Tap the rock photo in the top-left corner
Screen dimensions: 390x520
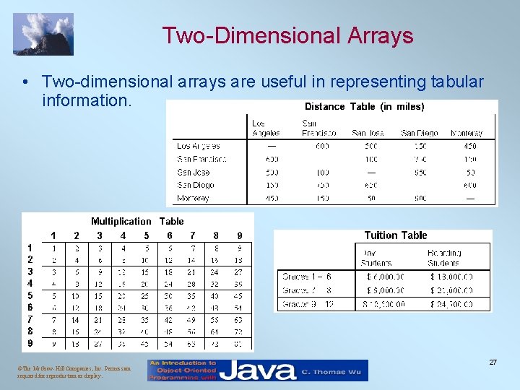44,34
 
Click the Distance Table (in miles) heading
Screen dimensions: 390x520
364,106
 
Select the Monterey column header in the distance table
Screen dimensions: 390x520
466,133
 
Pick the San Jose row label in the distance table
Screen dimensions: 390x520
193,172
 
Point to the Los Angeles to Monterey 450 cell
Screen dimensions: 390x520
469,146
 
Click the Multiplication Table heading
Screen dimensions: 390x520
137,221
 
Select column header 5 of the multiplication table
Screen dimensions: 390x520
147,235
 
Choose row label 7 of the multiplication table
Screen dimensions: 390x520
30,318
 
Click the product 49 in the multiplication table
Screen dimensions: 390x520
191,318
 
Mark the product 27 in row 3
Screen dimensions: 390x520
238,272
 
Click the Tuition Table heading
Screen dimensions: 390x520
396,235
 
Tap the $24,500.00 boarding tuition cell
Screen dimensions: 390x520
451,303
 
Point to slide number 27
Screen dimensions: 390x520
493,362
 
